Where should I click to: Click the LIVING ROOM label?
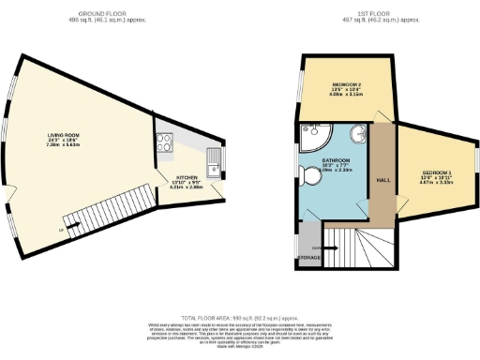tap(64, 134)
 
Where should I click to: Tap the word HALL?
tap(382, 181)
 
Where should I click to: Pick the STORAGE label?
tap(309, 256)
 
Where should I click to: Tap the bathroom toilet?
tap(314, 175)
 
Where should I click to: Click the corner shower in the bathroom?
tap(313, 136)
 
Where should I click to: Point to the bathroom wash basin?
tap(357, 131)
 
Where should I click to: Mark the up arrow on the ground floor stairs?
tap(63, 229)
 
